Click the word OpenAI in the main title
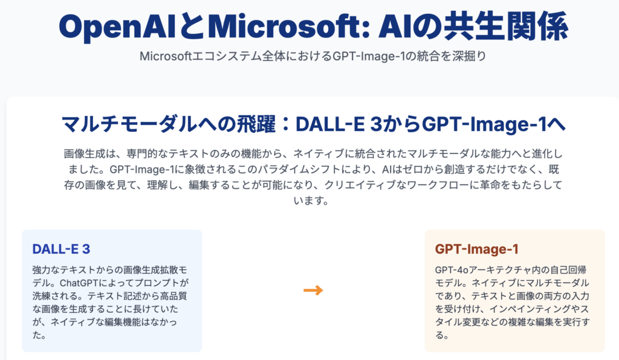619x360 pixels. (x=117, y=27)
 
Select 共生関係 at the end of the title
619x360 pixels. (x=506, y=27)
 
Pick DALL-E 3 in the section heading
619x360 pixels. (x=339, y=124)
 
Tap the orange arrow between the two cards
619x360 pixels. (x=313, y=291)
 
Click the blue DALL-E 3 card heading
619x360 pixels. (x=61, y=249)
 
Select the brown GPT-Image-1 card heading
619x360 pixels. (x=476, y=249)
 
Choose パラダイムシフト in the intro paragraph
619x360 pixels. (x=299, y=170)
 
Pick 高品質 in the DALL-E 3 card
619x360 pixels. (x=173, y=296)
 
